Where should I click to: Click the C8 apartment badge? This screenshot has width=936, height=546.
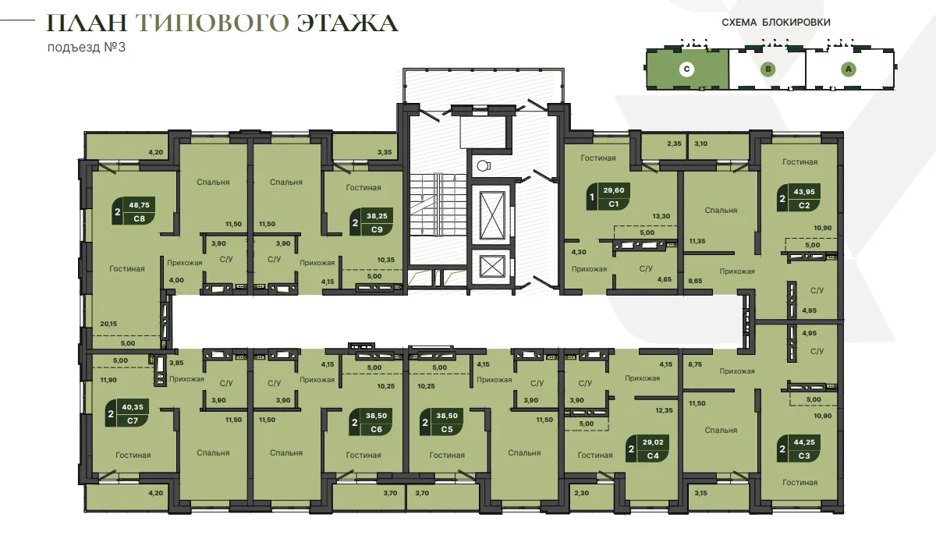pos(133,211)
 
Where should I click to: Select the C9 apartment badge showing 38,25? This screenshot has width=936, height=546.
pos(371,222)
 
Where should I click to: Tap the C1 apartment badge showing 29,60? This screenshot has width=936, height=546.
pos(608,197)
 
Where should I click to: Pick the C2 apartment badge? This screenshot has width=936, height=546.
pos(799,198)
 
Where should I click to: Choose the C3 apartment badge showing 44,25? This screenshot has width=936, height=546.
pos(799,448)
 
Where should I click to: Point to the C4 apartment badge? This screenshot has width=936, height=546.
pos(647,448)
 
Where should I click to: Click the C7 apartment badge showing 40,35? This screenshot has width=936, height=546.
pos(126,413)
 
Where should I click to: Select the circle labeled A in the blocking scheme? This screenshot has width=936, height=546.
pos(849,69)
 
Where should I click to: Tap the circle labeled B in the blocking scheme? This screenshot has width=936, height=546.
pos(768,69)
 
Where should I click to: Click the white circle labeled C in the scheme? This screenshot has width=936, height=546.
pos(686,69)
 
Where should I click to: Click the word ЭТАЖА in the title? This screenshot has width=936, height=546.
pos(347,23)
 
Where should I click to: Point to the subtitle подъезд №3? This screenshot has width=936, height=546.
pos(87,48)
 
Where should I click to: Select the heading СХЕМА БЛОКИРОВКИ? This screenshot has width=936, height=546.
pos(776,22)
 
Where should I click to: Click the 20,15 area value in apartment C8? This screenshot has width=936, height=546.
pos(108,324)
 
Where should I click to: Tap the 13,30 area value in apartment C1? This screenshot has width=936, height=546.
pos(661,216)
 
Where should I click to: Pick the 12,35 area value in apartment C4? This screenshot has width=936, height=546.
pos(664,410)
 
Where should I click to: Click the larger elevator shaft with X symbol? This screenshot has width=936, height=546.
pos(492,215)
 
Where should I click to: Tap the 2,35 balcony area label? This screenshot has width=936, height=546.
pos(674,144)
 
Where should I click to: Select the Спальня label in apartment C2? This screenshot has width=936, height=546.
pos(721,210)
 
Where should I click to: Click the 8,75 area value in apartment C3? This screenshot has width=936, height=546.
pos(695,364)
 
